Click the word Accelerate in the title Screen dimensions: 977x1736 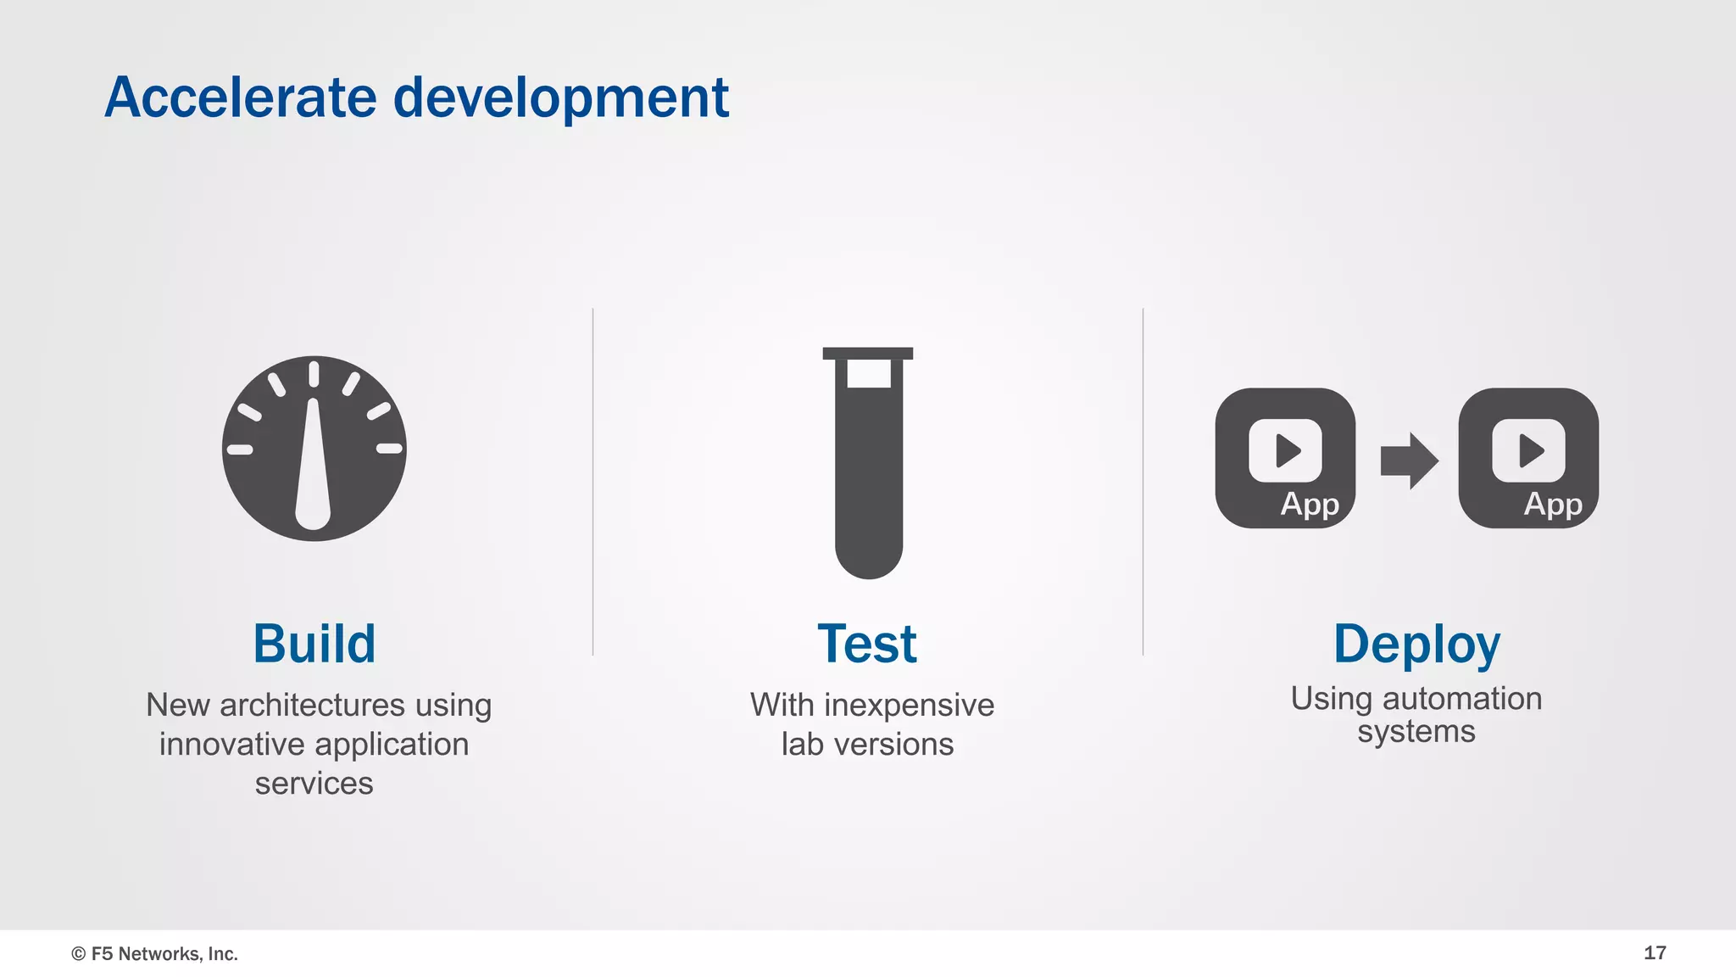click(x=241, y=98)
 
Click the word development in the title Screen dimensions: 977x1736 click(x=560, y=99)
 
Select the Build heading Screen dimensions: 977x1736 click(x=314, y=644)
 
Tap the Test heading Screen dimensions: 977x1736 click(x=867, y=644)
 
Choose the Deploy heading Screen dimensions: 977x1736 click(x=1416, y=645)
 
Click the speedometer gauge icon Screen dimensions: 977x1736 click(x=314, y=449)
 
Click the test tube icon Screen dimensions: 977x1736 click(x=868, y=475)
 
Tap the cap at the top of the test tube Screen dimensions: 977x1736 click(x=868, y=353)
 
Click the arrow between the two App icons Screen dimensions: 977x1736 click(x=1408, y=461)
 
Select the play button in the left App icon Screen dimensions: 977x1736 click(x=1286, y=450)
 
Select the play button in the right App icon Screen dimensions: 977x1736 click(x=1529, y=450)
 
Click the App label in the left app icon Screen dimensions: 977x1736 click(x=1310, y=505)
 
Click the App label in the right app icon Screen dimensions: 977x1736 click(x=1553, y=505)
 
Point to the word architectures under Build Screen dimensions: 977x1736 click(x=312, y=706)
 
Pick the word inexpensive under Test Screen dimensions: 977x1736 click(x=909, y=706)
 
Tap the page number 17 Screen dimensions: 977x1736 click(x=1655, y=953)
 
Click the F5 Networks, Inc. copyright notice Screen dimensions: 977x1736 click(x=154, y=954)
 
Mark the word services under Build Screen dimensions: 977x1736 click(x=314, y=784)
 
